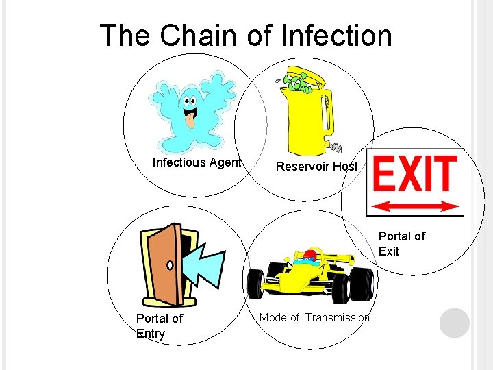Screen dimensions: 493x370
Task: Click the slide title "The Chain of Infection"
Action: coord(246,36)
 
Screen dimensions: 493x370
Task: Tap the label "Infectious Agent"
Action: coord(197,162)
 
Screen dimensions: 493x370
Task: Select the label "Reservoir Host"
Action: coord(316,166)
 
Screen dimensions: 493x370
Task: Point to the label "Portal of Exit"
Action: coord(401,244)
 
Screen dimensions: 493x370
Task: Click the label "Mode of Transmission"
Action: coord(314,317)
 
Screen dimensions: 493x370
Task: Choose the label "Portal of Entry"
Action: coord(159,326)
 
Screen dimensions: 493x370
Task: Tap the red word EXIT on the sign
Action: coord(414,173)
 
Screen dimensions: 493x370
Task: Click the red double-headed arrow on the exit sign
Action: coord(415,205)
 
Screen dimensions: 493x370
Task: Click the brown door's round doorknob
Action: coord(170,264)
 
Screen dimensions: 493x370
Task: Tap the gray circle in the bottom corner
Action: coord(455,323)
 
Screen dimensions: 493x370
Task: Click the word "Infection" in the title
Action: coord(337,36)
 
